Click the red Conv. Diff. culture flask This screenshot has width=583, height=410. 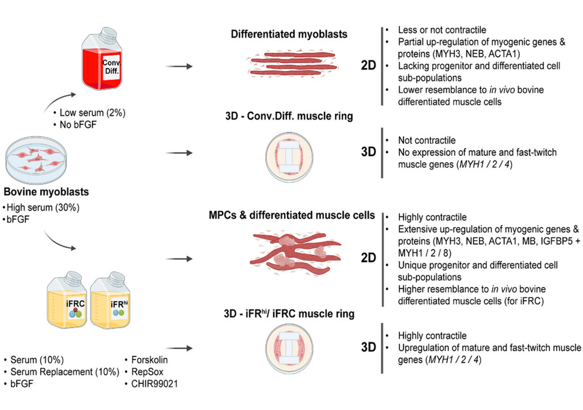[102, 60]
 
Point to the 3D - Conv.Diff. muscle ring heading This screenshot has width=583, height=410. [289, 117]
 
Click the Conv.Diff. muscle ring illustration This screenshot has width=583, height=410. [290, 154]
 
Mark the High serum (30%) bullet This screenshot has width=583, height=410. [43, 207]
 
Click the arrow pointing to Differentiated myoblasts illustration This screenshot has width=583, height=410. [182, 67]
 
